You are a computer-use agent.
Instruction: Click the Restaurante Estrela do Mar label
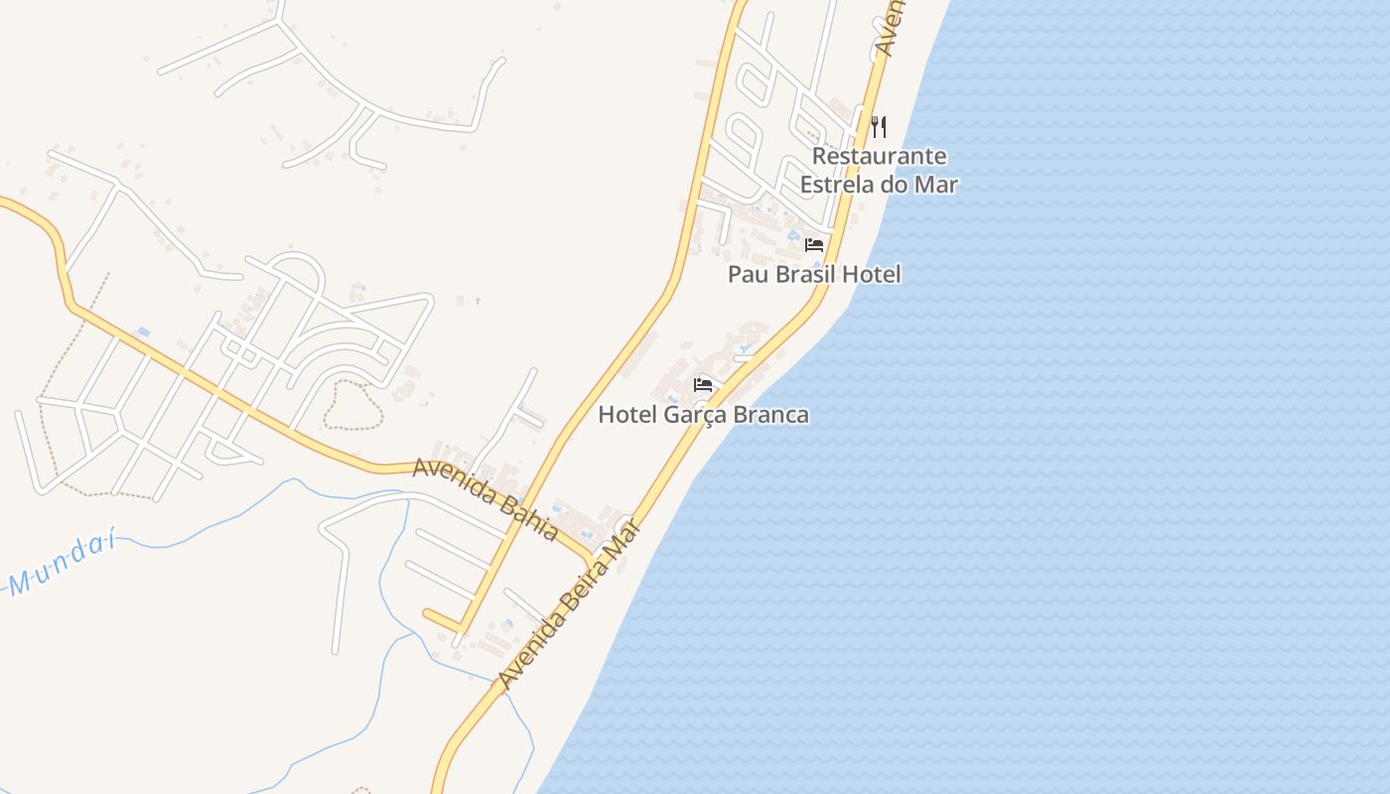point(879,171)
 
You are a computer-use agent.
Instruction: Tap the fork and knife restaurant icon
point(879,126)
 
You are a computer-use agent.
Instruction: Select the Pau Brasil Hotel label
point(814,275)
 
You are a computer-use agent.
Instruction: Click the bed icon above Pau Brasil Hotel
point(814,245)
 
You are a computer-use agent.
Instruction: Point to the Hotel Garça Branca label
point(703,415)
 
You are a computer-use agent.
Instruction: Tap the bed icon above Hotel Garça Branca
point(704,385)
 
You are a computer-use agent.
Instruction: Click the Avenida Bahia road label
point(485,498)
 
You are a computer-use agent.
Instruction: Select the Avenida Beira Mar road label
point(569,605)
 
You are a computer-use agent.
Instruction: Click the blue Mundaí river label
point(62,566)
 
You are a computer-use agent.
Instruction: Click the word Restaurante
point(879,157)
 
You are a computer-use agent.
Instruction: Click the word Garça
point(694,415)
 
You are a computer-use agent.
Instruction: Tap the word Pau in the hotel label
point(747,275)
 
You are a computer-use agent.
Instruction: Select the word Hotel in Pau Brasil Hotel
point(872,275)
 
